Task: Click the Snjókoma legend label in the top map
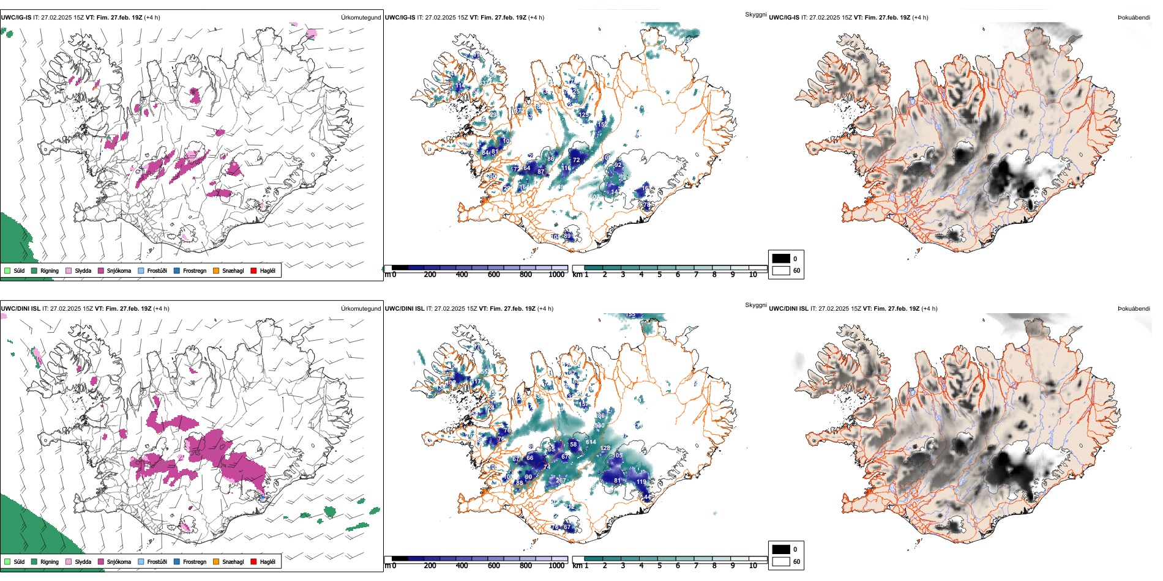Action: point(119,270)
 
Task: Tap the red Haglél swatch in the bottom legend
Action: point(253,561)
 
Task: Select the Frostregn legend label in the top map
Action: point(195,270)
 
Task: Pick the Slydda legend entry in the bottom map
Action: point(83,561)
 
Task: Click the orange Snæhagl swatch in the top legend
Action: point(216,270)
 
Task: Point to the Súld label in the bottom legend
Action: point(19,561)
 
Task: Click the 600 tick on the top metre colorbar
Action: point(494,275)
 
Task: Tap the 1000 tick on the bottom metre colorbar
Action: point(556,566)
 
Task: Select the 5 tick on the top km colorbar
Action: point(660,275)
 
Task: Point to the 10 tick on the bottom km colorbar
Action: point(753,566)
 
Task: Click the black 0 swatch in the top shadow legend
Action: point(781,259)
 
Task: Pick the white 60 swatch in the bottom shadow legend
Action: point(781,561)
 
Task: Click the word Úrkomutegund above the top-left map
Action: point(361,17)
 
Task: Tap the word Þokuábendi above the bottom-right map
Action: point(1134,308)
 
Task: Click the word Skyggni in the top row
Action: point(756,14)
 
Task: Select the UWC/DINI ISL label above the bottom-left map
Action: point(20,308)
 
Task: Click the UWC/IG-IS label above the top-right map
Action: point(784,17)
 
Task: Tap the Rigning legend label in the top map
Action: point(50,270)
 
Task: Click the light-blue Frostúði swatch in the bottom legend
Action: point(141,561)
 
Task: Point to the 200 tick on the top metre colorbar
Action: point(430,275)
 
